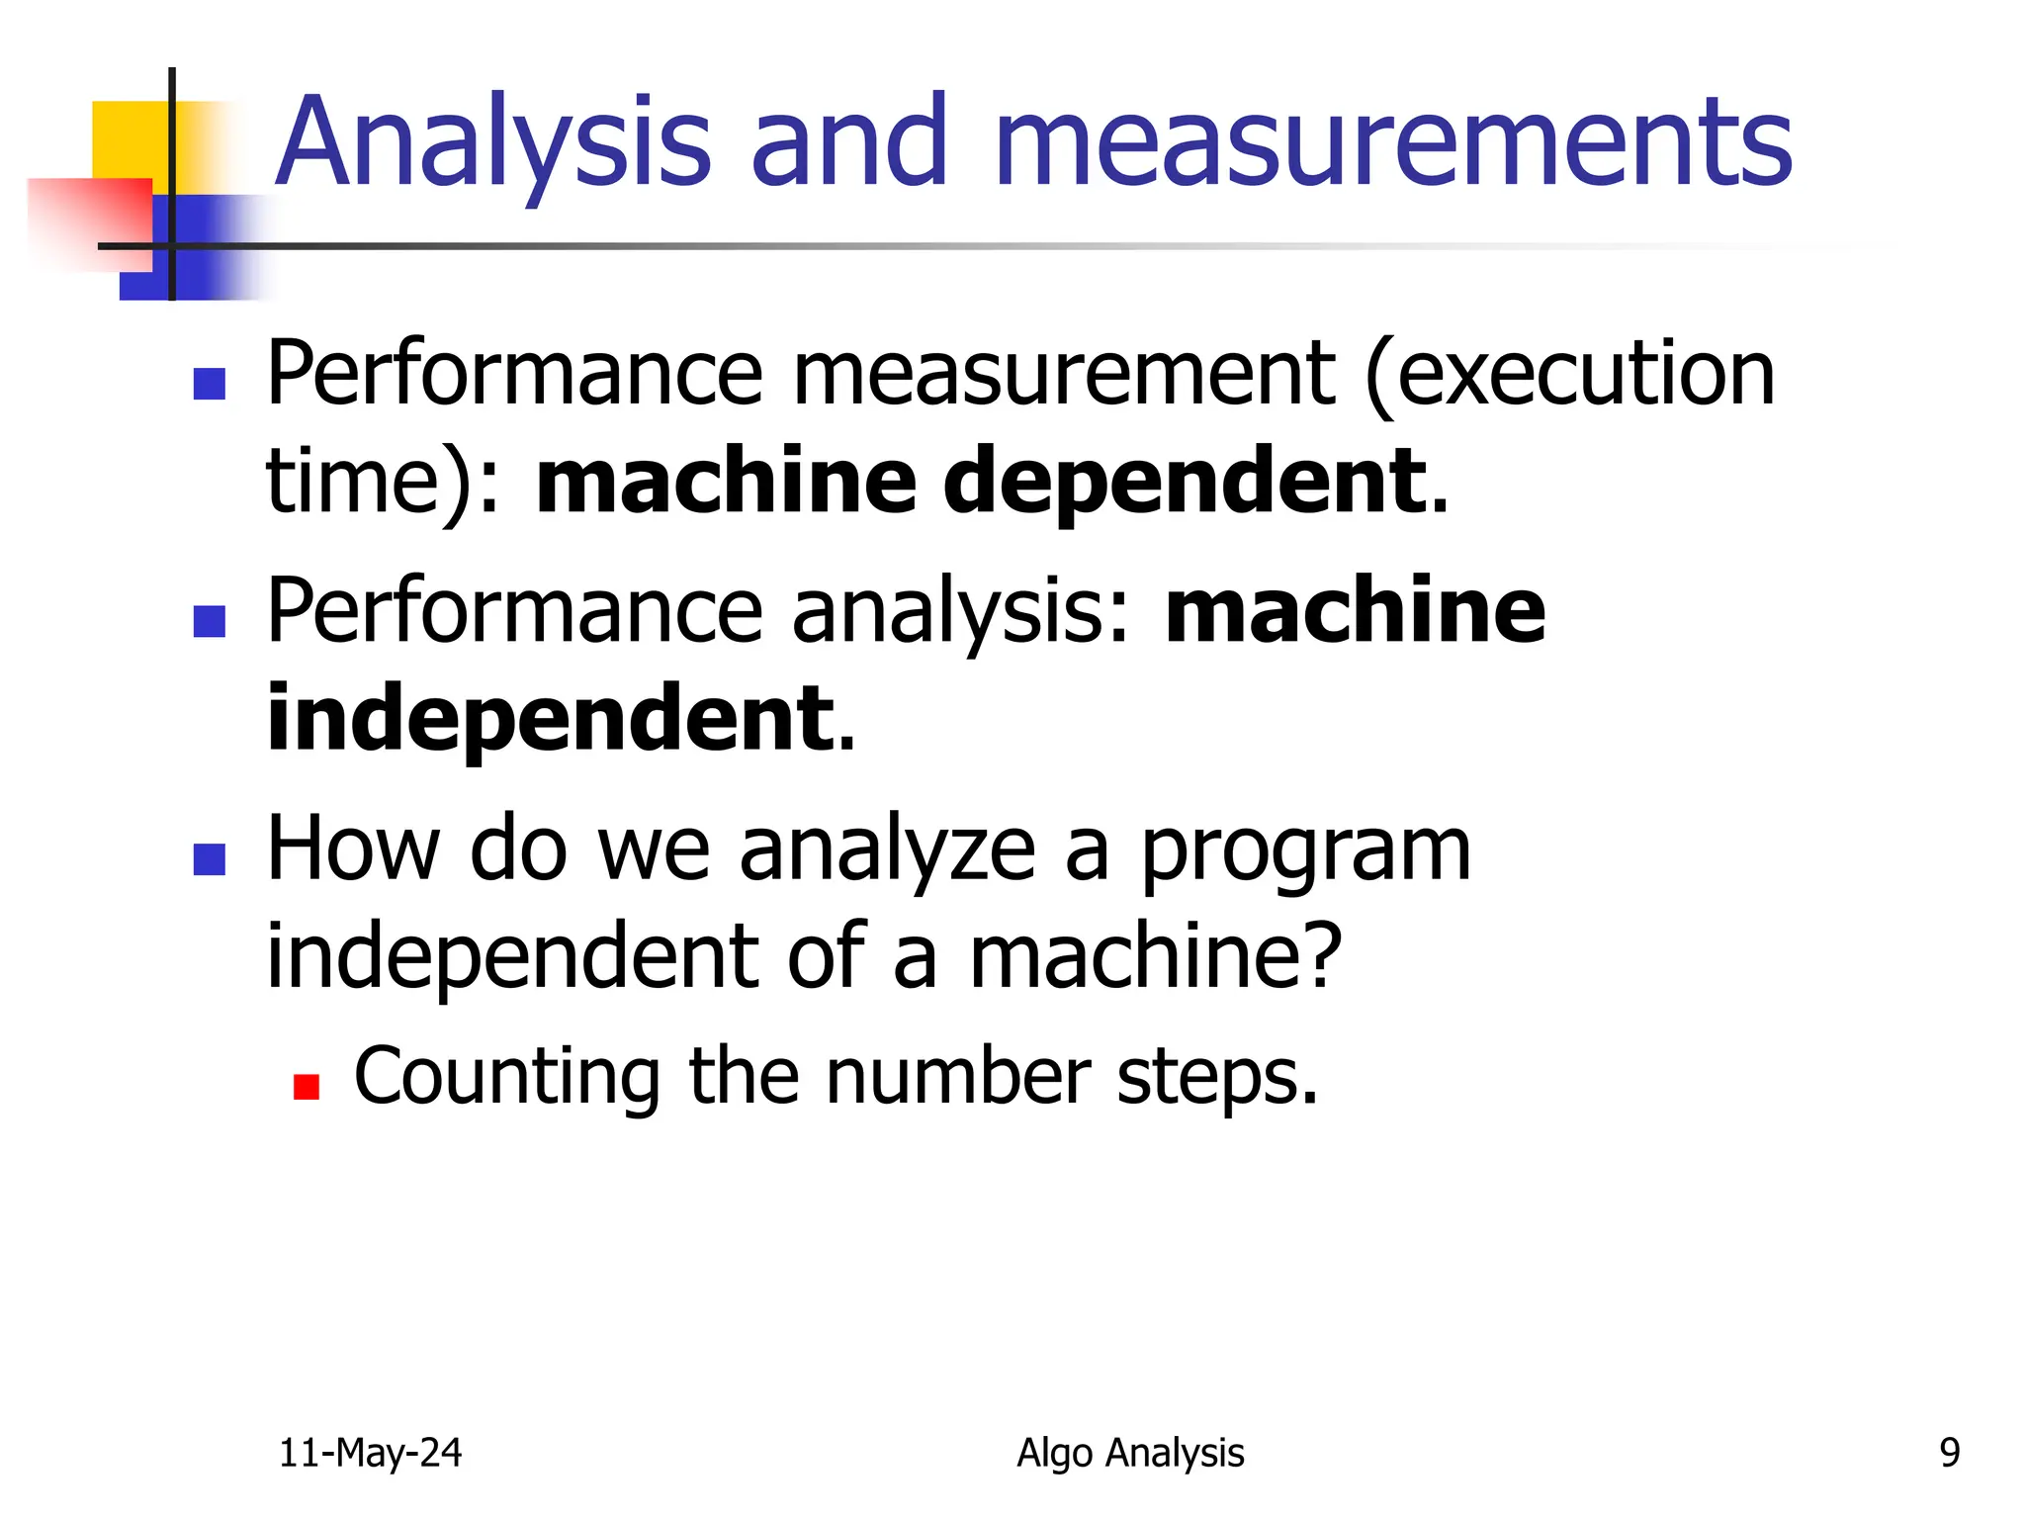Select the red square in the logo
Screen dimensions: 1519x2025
point(89,223)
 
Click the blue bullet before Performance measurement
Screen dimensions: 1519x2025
point(210,384)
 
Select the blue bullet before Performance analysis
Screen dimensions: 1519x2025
point(210,621)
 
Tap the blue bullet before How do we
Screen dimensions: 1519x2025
point(210,858)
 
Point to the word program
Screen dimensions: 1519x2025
point(1305,850)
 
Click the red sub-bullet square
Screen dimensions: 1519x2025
point(307,1088)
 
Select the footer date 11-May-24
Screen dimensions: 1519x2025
point(370,1453)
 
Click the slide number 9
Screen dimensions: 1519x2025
point(1949,1453)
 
